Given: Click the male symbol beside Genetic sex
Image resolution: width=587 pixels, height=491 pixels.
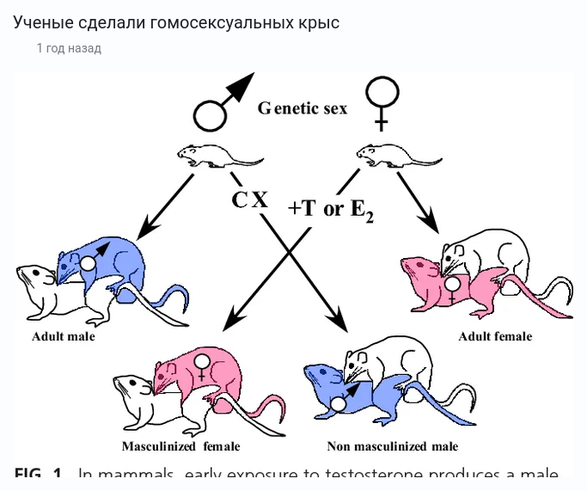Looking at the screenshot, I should (x=222, y=101).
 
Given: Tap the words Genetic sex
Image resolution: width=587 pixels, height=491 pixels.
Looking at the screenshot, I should (x=303, y=108).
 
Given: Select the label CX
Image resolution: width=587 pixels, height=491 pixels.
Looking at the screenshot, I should (x=249, y=200).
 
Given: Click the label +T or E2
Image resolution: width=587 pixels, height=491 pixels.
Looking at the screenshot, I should (x=331, y=209).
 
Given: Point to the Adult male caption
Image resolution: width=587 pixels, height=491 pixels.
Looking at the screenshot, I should (x=64, y=336).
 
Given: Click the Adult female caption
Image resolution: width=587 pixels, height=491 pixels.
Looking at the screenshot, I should (x=495, y=336).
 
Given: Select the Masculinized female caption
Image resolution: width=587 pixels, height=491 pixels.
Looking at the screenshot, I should (x=180, y=446).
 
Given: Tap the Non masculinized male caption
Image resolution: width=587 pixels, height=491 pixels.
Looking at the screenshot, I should (x=392, y=446).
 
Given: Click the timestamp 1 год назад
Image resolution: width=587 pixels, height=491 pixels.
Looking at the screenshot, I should (x=69, y=48).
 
